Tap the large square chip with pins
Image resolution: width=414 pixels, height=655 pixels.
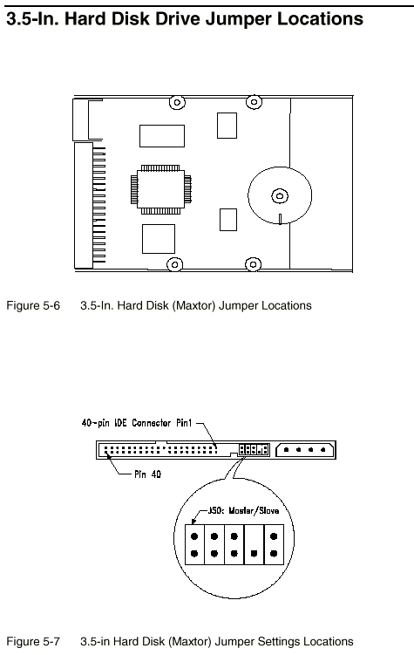click(x=160, y=189)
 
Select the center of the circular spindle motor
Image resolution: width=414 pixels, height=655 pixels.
click(x=280, y=195)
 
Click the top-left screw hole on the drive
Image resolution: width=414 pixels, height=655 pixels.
click(x=177, y=102)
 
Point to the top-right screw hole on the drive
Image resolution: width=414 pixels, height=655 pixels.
click(x=254, y=101)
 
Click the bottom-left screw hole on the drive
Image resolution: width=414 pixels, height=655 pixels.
click(x=174, y=264)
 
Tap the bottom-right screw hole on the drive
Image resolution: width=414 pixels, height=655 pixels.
click(x=253, y=264)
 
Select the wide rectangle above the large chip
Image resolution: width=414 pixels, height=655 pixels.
click(x=162, y=136)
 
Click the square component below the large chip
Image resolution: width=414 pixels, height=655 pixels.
click(x=159, y=239)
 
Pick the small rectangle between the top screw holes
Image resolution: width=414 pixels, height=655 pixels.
click(x=227, y=126)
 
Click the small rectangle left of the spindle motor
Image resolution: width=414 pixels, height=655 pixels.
click(x=228, y=220)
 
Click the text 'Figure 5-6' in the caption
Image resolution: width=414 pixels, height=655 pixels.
click(x=33, y=306)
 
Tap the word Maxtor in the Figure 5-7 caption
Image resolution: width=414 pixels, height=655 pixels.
click(x=195, y=642)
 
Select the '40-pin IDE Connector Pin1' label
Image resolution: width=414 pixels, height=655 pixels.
click(x=137, y=423)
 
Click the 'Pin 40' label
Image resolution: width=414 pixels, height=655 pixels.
click(x=148, y=474)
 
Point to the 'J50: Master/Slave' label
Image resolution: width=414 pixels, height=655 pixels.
click(x=243, y=510)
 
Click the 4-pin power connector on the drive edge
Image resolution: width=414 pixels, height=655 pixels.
click(x=305, y=450)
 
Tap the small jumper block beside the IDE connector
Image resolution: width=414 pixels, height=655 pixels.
click(x=254, y=450)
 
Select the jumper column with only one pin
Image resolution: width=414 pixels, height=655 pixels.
click(x=254, y=545)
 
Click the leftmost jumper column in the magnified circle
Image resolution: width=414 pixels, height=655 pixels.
click(x=194, y=545)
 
